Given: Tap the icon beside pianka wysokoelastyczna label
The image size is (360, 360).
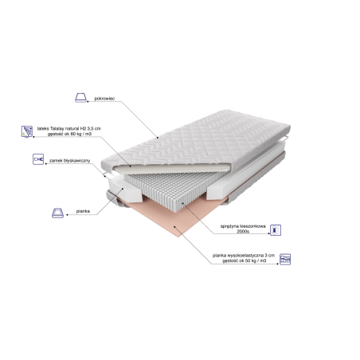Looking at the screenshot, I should click(287, 260).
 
